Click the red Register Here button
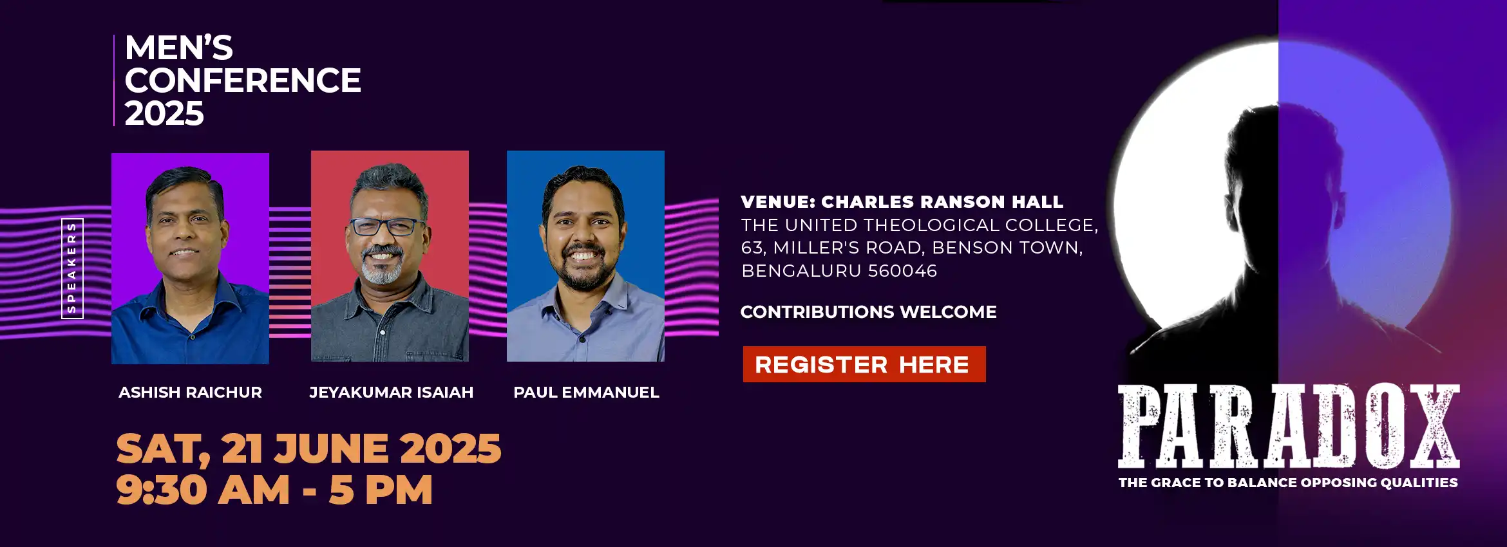point(864,364)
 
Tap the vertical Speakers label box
point(72,268)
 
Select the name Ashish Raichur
point(190,392)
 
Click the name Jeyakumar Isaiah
point(392,392)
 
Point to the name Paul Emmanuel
point(586,392)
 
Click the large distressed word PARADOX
point(1289,426)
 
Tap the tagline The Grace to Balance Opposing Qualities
point(1288,483)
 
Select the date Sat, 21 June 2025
point(308,448)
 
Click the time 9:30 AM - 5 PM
point(274,490)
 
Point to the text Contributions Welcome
point(868,312)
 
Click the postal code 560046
point(902,271)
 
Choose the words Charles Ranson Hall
point(942,202)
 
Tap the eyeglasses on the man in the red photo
point(387,227)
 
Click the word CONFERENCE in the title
point(243,80)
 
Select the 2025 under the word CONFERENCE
point(164,113)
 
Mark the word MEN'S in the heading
point(179,48)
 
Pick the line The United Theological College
point(920,225)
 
